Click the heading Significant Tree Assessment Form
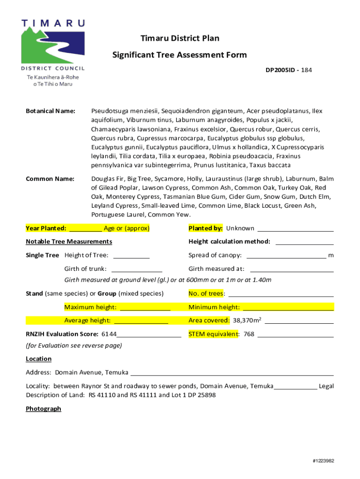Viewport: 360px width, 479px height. tap(180, 55)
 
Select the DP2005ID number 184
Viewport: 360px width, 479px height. tap(306, 70)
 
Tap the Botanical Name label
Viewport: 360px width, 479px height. tap(50, 111)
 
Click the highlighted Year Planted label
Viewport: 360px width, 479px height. tap(46, 228)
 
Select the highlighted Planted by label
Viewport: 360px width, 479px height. tap(205, 228)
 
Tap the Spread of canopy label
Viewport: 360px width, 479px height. tap(215, 255)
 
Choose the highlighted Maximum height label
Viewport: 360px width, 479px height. tap(90, 307)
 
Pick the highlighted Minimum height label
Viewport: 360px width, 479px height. tap(214, 307)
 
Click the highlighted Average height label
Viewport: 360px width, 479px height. tap(87, 320)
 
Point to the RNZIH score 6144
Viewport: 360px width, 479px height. tap(109, 334)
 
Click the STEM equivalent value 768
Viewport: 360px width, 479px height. tap(249, 334)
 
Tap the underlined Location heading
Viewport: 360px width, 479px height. tap(38, 359)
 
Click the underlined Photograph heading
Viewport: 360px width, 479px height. tap(43, 409)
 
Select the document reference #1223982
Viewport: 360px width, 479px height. tap(323, 461)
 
